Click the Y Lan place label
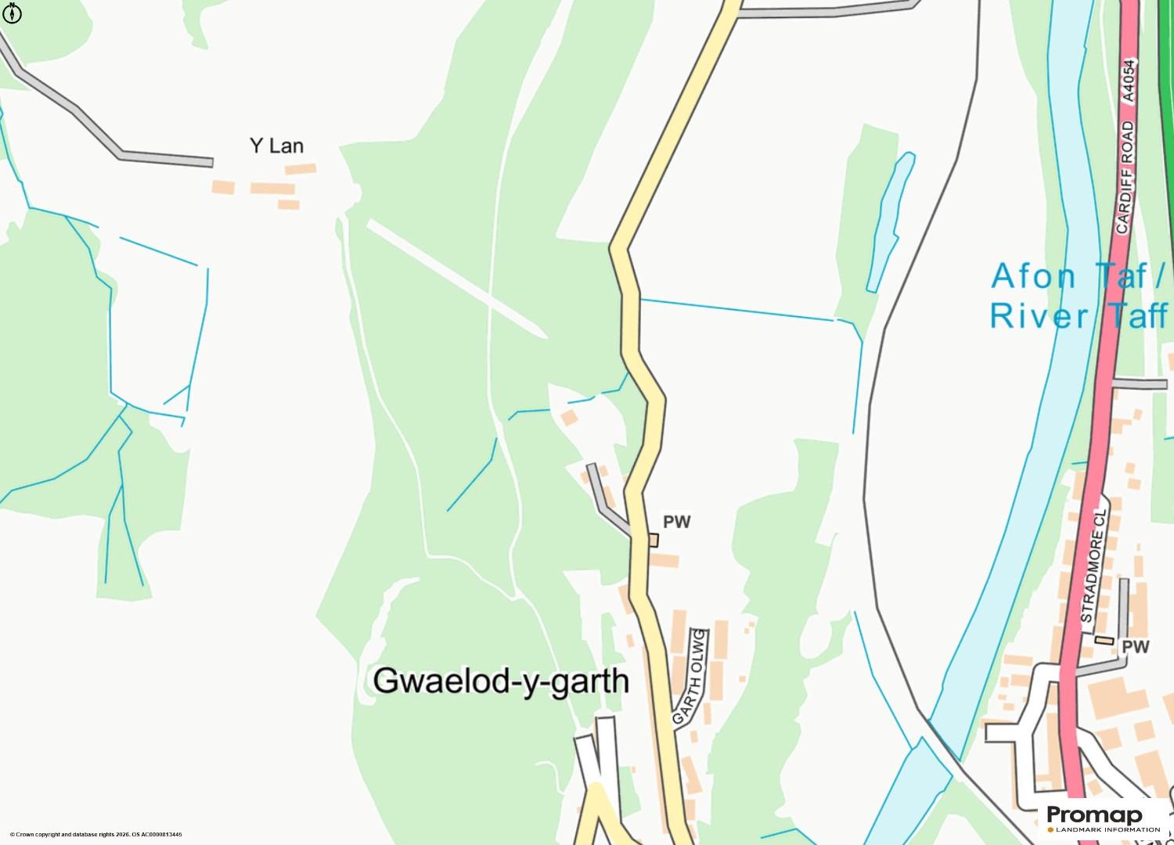pos(276,146)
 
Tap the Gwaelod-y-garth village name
pos(501,681)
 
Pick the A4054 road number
pos(1128,81)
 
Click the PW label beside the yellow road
pos(677,522)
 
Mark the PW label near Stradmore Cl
pos(1136,647)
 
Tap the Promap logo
pos(1094,814)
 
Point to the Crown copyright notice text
pos(95,835)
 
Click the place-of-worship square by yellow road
pos(653,540)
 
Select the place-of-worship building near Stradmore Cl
pos(1104,640)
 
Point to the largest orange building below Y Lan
pos(272,189)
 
